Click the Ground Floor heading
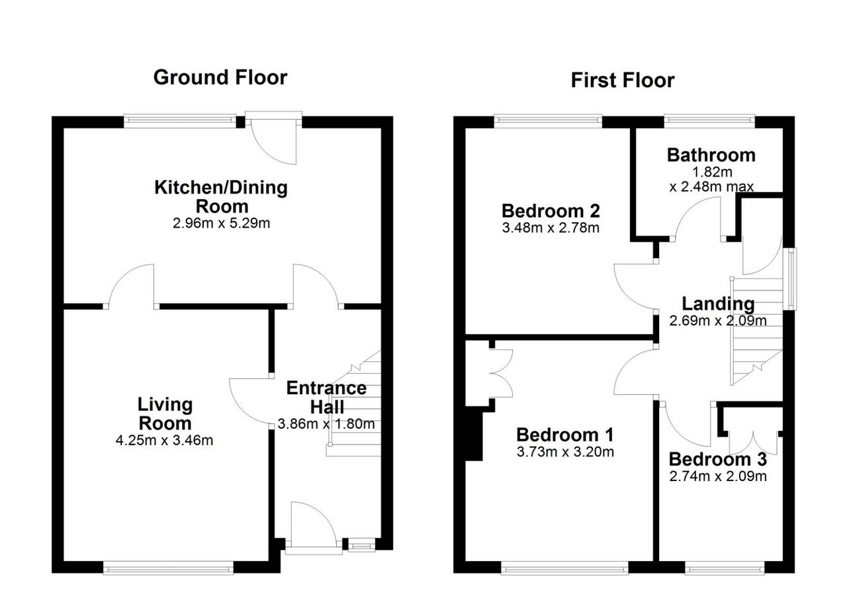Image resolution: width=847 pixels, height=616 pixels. pyautogui.click(x=220, y=77)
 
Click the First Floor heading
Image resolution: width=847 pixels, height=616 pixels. pyautogui.click(x=623, y=80)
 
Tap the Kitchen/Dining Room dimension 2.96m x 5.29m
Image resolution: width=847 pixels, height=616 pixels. pyautogui.click(x=221, y=223)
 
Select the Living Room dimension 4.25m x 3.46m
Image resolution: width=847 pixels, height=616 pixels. pyautogui.click(x=165, y=440)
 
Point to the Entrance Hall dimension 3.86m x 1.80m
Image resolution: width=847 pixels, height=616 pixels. pyautogui.click(x=326, y=424)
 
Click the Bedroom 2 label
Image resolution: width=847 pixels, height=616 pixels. pyautogui.click(x=551, y=210)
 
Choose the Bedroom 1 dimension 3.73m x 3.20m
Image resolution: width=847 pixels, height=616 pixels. pyautogui.click(x=565, y=451)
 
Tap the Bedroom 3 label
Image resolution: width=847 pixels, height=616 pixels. pyautogui.click(x=718, y=459)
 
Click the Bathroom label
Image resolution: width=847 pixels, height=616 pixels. pyautogui.click(x=711, y=155)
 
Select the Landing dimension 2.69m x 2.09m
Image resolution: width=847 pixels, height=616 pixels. pyautogui.click(x=718, y=321)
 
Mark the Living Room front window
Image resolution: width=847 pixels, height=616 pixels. pyautogui.click(x=168, y=568)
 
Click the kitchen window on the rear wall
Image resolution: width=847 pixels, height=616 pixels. pyautogui.click(x=180, y=120)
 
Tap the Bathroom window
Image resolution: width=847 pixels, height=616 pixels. pyautogui.click(x=709, y=120)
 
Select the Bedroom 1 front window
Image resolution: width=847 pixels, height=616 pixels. pyautogui.click(x=565, y=568)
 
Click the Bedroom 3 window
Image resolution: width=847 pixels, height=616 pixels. pyautogui.click(x=725, y=568)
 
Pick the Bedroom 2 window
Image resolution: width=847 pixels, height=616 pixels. pyautogui.click(x=548, y=120)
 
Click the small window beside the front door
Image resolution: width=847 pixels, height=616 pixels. pyautogui.click(x=361, y=546)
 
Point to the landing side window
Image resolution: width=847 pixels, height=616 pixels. pyautogui.click(x=789, y=279)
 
